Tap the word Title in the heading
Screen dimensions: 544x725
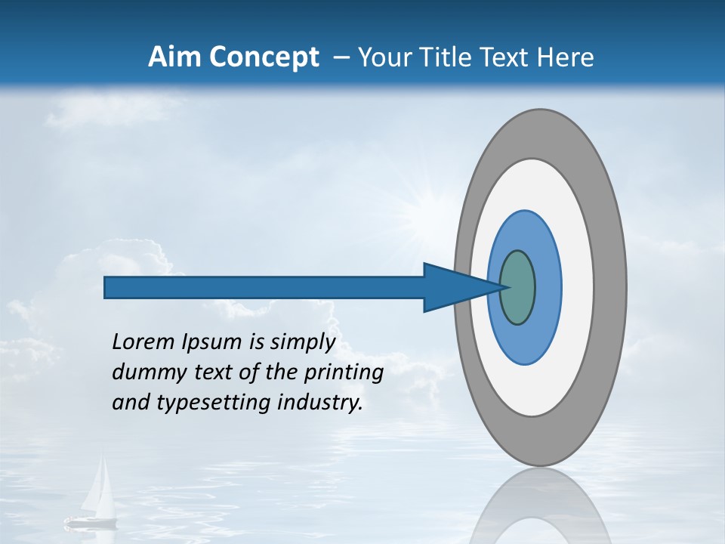click(451, 57)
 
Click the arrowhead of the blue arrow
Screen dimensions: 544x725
click(453, 287)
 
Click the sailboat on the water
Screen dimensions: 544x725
click(95, 499)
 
